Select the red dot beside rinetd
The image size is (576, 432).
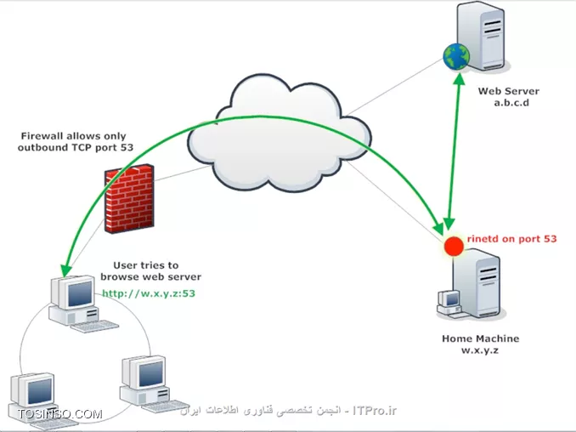click(455, 246)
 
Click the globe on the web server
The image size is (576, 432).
click(456, 57)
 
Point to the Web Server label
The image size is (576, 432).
click(508, 91)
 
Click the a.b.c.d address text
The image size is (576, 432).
click(510, 103)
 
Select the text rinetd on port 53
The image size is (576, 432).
click(511, 239)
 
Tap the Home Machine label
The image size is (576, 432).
click(480, 338)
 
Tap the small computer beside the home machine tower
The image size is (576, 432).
click(447, 302)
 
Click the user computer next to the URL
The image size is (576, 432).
click(71, 302)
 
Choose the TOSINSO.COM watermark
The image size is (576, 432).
click(59, 414)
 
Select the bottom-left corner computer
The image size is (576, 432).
click(31, 395)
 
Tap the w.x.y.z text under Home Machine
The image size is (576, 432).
click(480, 350)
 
